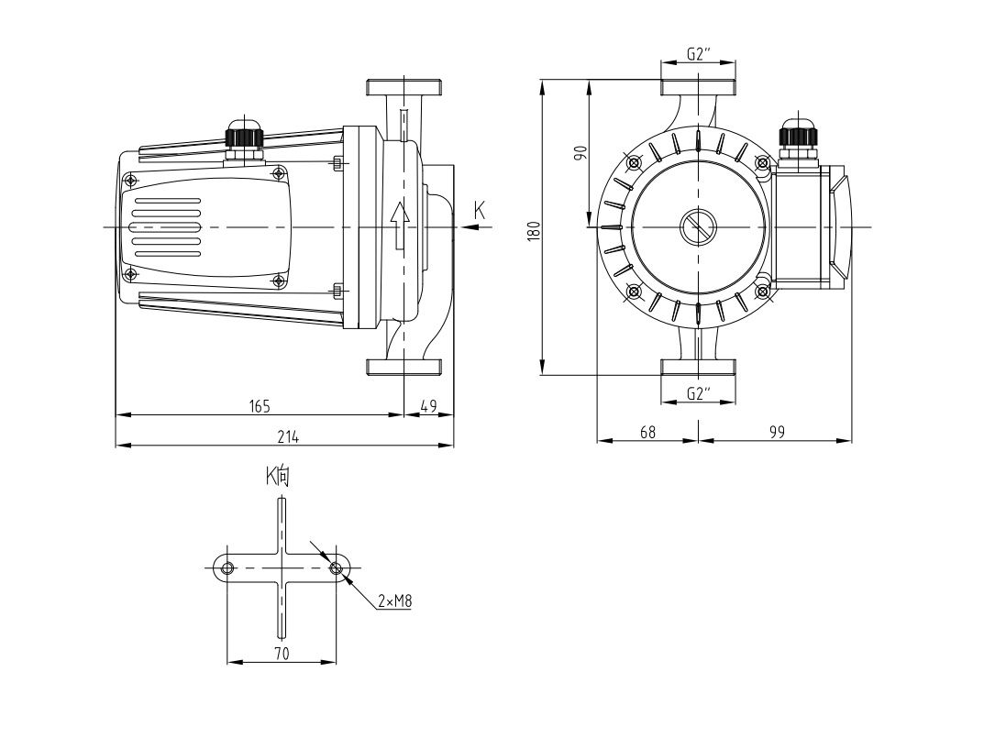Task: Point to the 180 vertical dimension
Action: click(x=533, y=228)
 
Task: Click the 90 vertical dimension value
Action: click(x=580, y=153)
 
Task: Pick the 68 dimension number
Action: click(x=647, y=431)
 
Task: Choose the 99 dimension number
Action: click(x=777, y=431)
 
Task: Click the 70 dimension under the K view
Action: click(x=282, y=653)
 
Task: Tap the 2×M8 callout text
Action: click(x=394, y=601)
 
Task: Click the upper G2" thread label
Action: click(x=699, y=54)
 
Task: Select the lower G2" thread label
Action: click(x=699, y=393)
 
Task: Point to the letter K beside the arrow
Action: click(x=479, y=210)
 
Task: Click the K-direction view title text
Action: click(x=278, y=476)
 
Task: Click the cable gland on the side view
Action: click(x=244, y=136)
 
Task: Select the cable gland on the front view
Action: click(x=797, y=136)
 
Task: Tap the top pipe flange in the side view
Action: click(x=405, y=88)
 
